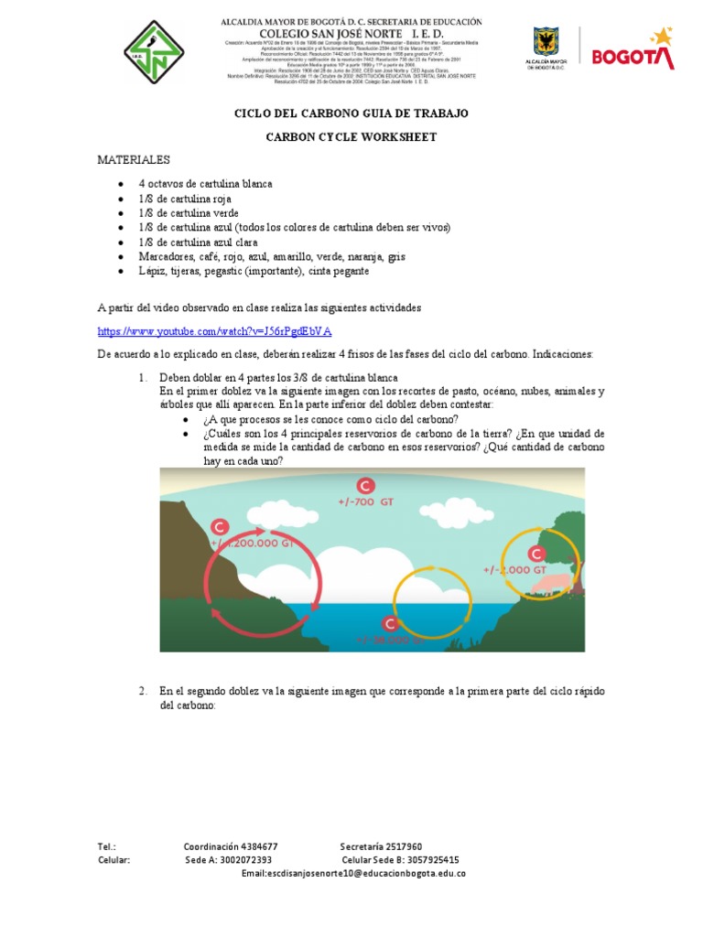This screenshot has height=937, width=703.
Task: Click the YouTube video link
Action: tap(214, 330)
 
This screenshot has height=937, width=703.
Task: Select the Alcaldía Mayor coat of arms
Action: tap(547, 44)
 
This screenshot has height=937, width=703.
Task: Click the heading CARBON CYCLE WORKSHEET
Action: tap(351, 137)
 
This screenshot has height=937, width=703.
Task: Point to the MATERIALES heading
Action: tap(134, 160)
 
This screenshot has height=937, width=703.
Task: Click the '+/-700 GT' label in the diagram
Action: tap(365, 502)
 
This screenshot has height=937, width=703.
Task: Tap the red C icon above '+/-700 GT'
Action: tap(365, 485)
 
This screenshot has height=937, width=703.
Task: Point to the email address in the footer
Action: tap(353, 874)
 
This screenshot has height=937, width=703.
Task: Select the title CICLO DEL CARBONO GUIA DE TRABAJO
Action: tap(351, 113)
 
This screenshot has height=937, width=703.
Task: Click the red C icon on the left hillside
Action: tap(220, 527)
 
